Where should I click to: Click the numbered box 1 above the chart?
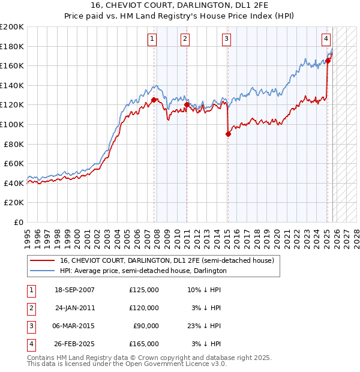152,39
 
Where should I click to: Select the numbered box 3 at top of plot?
226,39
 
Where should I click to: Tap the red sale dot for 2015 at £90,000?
228,134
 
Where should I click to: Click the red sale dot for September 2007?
154,100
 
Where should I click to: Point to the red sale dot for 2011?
187,105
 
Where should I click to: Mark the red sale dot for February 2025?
328,61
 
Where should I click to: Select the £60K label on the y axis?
14,163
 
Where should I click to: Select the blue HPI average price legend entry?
143,271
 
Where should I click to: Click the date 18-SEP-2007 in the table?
74,290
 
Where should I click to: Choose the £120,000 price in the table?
144,308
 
